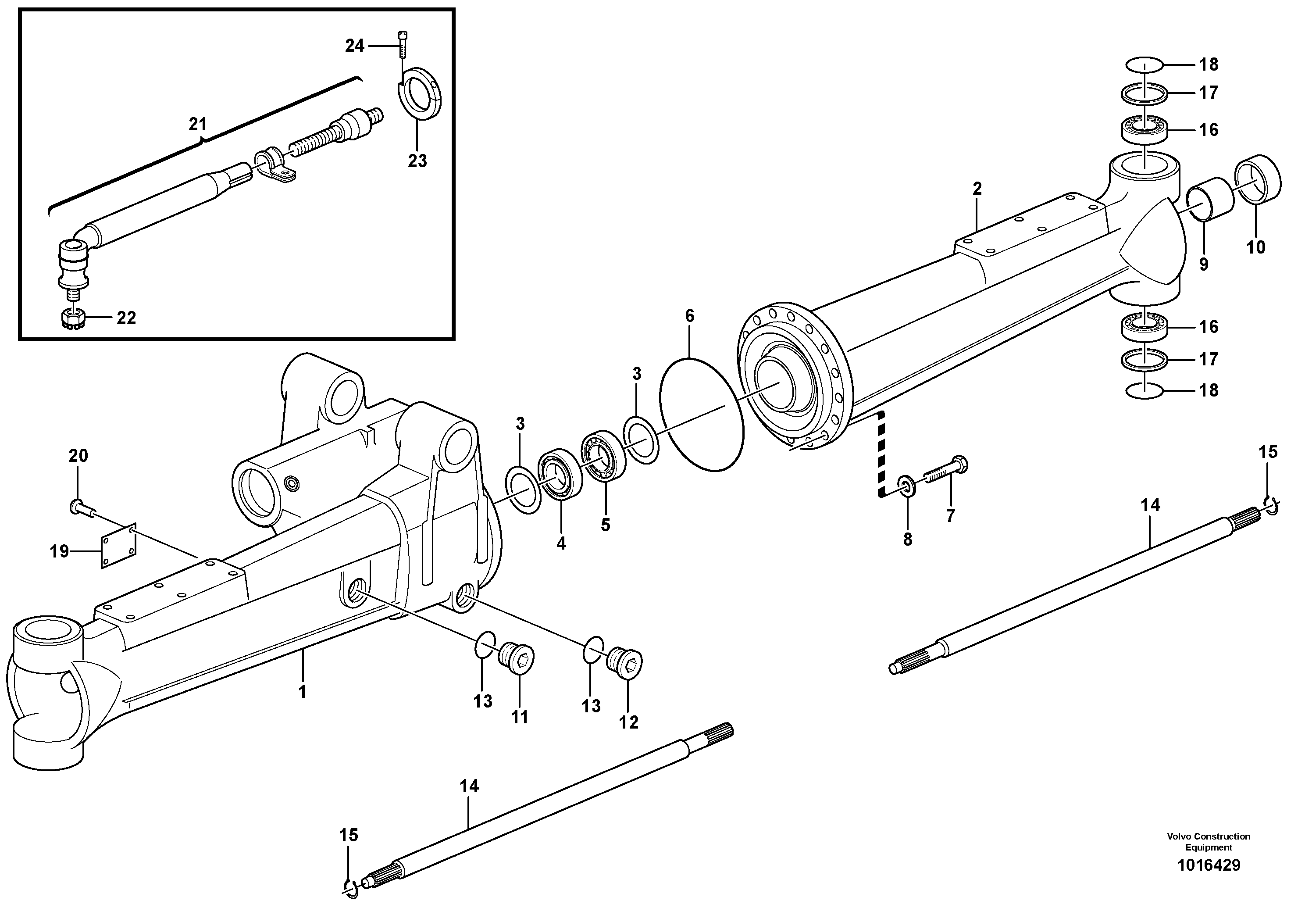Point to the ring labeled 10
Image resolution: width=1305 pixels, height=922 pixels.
[1259, 178]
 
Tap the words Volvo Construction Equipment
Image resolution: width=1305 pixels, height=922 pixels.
[1209, 841]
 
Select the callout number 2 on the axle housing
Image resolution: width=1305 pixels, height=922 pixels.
[977, 189]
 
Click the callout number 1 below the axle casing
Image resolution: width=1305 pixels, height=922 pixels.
[303, 692]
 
